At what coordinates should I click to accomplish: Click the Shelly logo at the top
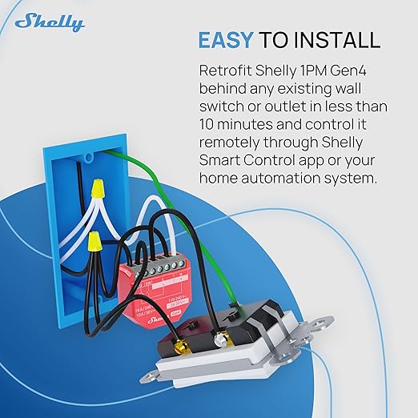49,22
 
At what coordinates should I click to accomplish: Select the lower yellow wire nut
93,239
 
